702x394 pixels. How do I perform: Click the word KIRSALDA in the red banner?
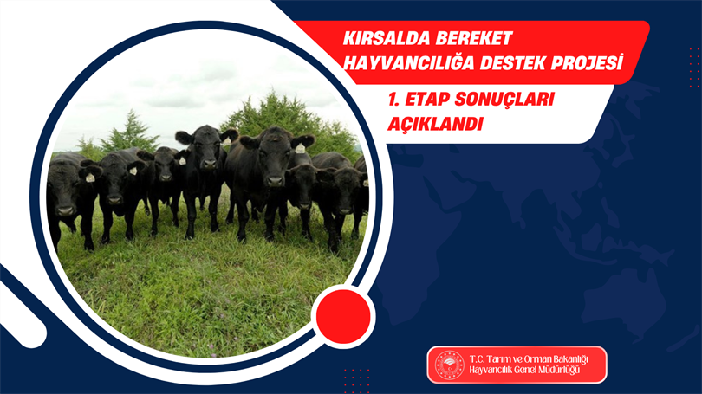(x=385, y=38)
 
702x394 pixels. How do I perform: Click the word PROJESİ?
(x=587, y=62)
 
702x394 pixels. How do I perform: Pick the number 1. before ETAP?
(x=393, y=100)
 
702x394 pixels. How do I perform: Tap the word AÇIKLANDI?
(x=435, y=124)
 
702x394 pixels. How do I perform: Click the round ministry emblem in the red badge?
(x=450, y=365)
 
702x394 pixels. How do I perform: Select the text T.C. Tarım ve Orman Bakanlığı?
(x=529, y=359)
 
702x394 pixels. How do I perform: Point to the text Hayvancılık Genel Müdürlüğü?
(x=524, y=371)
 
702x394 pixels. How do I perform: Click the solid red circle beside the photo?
(x=343, y=316)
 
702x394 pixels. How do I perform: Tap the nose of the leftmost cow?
(x=66, y=210)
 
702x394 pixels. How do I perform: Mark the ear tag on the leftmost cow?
(x=90, y=178)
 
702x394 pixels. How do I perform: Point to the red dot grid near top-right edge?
(x=694, y=68)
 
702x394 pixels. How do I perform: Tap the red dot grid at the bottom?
(x=357, y=381)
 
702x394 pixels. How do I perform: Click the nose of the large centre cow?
(x=275, y=181)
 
